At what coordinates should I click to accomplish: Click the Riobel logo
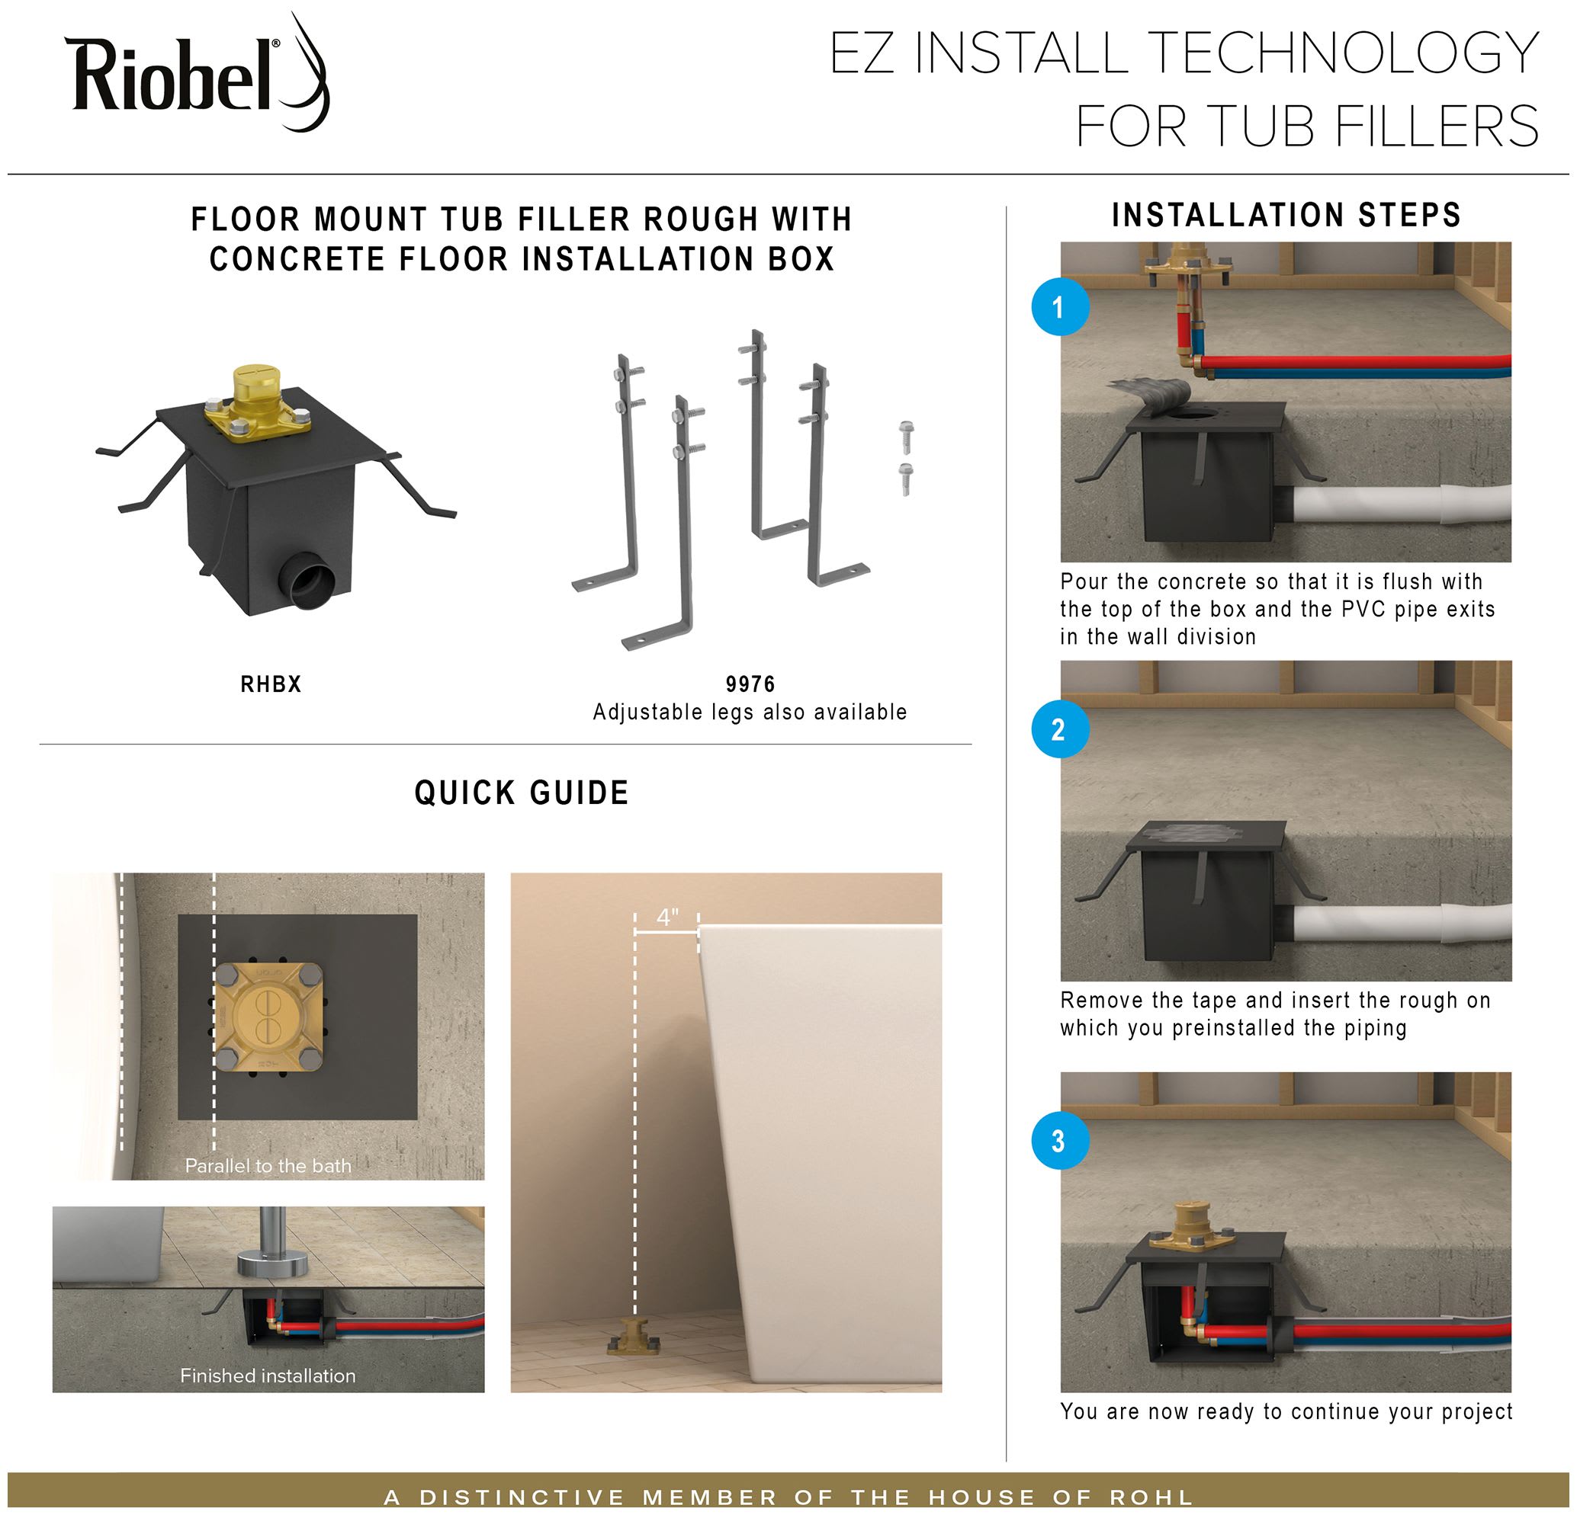[x=197, y=76]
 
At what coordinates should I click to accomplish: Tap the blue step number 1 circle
[x=1060, y=306]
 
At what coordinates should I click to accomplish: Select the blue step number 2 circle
[x=1060, y=729]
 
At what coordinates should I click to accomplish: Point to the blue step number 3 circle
[x=1060, y=1139]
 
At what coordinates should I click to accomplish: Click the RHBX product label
[x=271, y=684]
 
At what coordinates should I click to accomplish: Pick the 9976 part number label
[x=750, y=684]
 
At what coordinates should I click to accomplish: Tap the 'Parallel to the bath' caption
[x=268, y=1166]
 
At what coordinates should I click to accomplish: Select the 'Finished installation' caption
[x=268, y=1376]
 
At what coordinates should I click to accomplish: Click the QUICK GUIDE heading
[x=522, y=793]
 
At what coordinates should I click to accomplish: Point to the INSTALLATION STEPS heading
[x=1286, y=216]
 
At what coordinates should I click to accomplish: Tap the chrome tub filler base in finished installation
[x=273, y=1262]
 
